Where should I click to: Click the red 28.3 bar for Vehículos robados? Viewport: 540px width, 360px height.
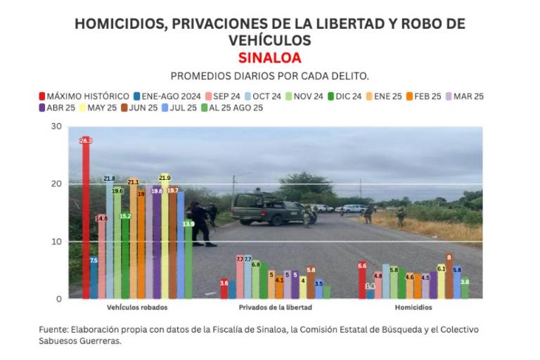(86, 218)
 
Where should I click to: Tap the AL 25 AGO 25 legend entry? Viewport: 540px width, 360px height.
(231, 108)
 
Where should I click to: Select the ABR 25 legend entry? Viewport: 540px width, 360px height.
(57, 108)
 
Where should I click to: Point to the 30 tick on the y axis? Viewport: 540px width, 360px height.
(56, 127)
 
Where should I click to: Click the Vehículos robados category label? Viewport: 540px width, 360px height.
(137, 308)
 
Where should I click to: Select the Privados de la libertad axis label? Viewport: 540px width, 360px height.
(275, 308)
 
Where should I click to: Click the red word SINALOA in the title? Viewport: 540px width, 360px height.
(270, 57)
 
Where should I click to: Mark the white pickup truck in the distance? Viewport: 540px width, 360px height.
(354, 208)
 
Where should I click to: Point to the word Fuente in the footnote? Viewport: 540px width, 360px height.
(53, 329)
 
